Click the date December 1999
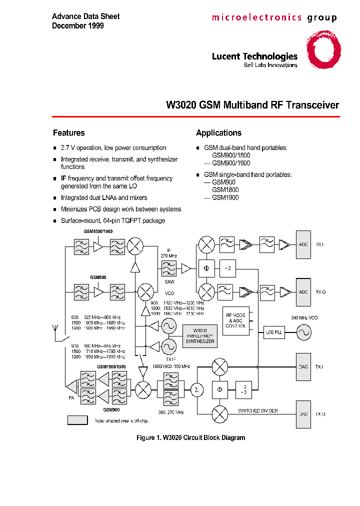(x=78, y=25)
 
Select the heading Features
(x=69, y=133)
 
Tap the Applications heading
(x=218, y=133)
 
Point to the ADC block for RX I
(x=303, y=245)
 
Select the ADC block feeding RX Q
(x=303, y=291)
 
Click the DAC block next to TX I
(x=303, y=367)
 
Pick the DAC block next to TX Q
(x=303, y=414)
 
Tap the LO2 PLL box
(x=274, y=332)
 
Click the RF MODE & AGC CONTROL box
(x=235, y=320)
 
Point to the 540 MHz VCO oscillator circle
(x=303, y=332)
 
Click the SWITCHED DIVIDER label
(x=258, y=411)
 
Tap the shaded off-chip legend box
(x=77, y=420)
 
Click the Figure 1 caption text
(x=190, y=438)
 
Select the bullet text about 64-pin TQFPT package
(x=112, y=220)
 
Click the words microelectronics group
(x=274, y=18)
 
